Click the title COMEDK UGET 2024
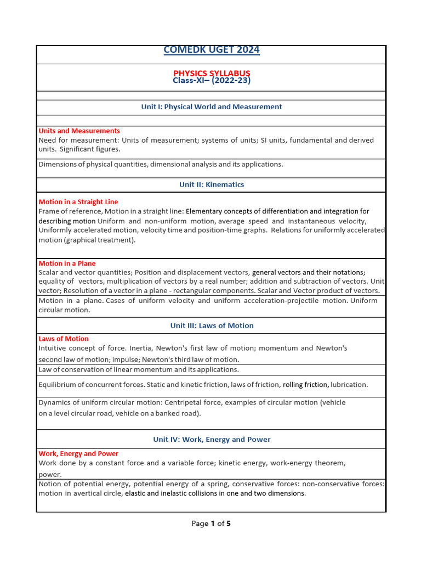[211, 50]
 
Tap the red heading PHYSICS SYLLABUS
[211, 73]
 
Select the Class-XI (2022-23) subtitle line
[211, 81]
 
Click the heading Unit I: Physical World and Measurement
[211, 107]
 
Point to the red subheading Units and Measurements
[79, 131]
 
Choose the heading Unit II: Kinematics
[211, 185]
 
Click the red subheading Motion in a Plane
[67, 263]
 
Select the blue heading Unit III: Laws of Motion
[211, 325]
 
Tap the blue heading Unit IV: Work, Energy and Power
[211, 440]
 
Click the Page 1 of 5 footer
[211, 524]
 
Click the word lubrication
[349, 385]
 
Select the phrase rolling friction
[305, 385]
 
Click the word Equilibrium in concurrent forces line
[57, 385]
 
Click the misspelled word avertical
[104, 493]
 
